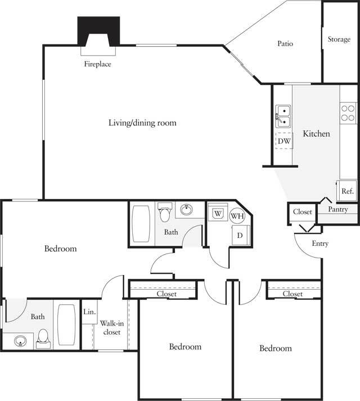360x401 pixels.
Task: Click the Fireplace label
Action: click(x=97, y=64)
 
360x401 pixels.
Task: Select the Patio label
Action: click(x=285, y=43)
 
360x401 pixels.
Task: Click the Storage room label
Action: click(x=339, y=40)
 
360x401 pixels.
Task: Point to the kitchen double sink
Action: click(x=283, y=116)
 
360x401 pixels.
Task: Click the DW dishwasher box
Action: click(x=284, y=141)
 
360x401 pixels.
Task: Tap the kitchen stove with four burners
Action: click(x=348, y=114)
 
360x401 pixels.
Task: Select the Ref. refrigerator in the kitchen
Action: click(x=347, y=191)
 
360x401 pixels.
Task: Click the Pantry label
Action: click(x=338, y=209)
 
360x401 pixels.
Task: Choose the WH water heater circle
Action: click(x=237, y=216)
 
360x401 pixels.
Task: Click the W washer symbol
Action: click(x=217, y=214)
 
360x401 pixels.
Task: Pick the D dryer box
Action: click(x=239, y=235)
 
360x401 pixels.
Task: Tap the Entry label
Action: click(x=319, y=244)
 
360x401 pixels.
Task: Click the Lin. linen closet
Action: click(x=89, y=311)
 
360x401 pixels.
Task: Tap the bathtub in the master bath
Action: click(x=66, y=325)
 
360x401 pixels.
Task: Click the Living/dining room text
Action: click(x=142, y=122)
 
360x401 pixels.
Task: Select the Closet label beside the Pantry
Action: click(x=302, y=212)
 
